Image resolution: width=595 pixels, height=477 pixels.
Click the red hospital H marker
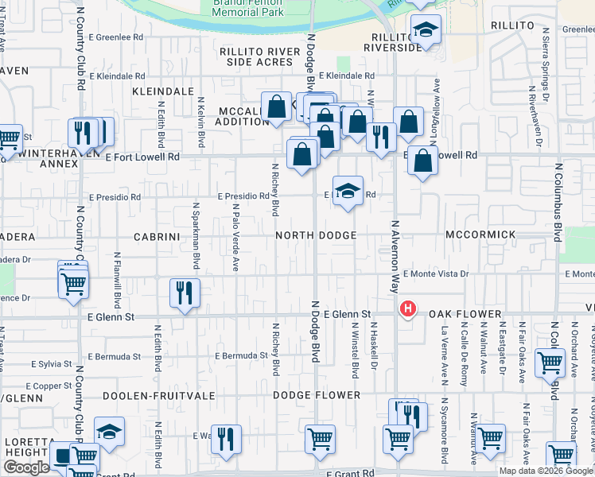click(x=408, y=308)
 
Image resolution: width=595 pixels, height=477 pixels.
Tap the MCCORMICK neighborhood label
click(x=480, y=236)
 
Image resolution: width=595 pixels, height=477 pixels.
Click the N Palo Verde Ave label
click(x=236, y=237)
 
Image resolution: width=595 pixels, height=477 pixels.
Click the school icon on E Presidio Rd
click(x=348, y=191)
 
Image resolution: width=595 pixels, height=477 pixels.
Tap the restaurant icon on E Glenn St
click(x=184, y=293)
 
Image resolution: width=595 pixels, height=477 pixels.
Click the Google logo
click(x=26, y=467)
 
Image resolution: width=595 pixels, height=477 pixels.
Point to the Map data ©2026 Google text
click(x=546, y=471)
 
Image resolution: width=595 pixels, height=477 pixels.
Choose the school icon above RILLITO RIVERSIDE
click(x=426, y=31)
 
